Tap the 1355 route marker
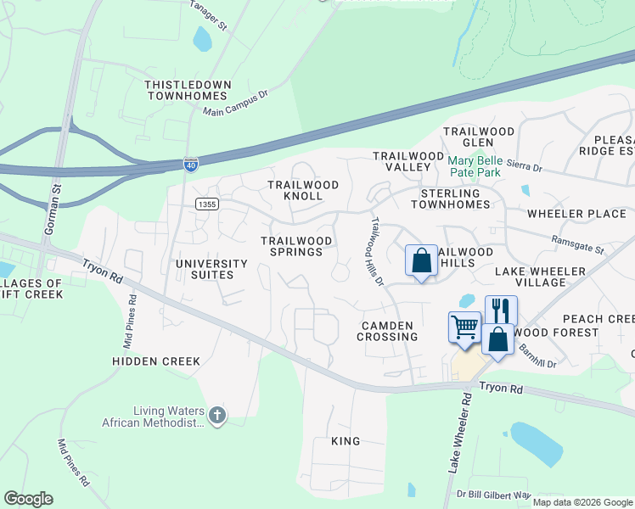[x=205, y=204]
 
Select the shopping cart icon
[x=464, y=327]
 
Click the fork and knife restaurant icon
[x=500, y=310]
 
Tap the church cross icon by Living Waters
[x=217, y=415]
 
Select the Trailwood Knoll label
[x=303, y=190]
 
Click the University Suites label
[x=211, y=270]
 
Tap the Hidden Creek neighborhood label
[x=156, y=361]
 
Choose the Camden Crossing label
[x=389, y=331]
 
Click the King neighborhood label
[x=346, y=441]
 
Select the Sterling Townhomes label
[x=457, y=199]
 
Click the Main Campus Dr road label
[x=235, y=105]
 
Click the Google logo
[x=29, y=499]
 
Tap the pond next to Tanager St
[x=202, y=39]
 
